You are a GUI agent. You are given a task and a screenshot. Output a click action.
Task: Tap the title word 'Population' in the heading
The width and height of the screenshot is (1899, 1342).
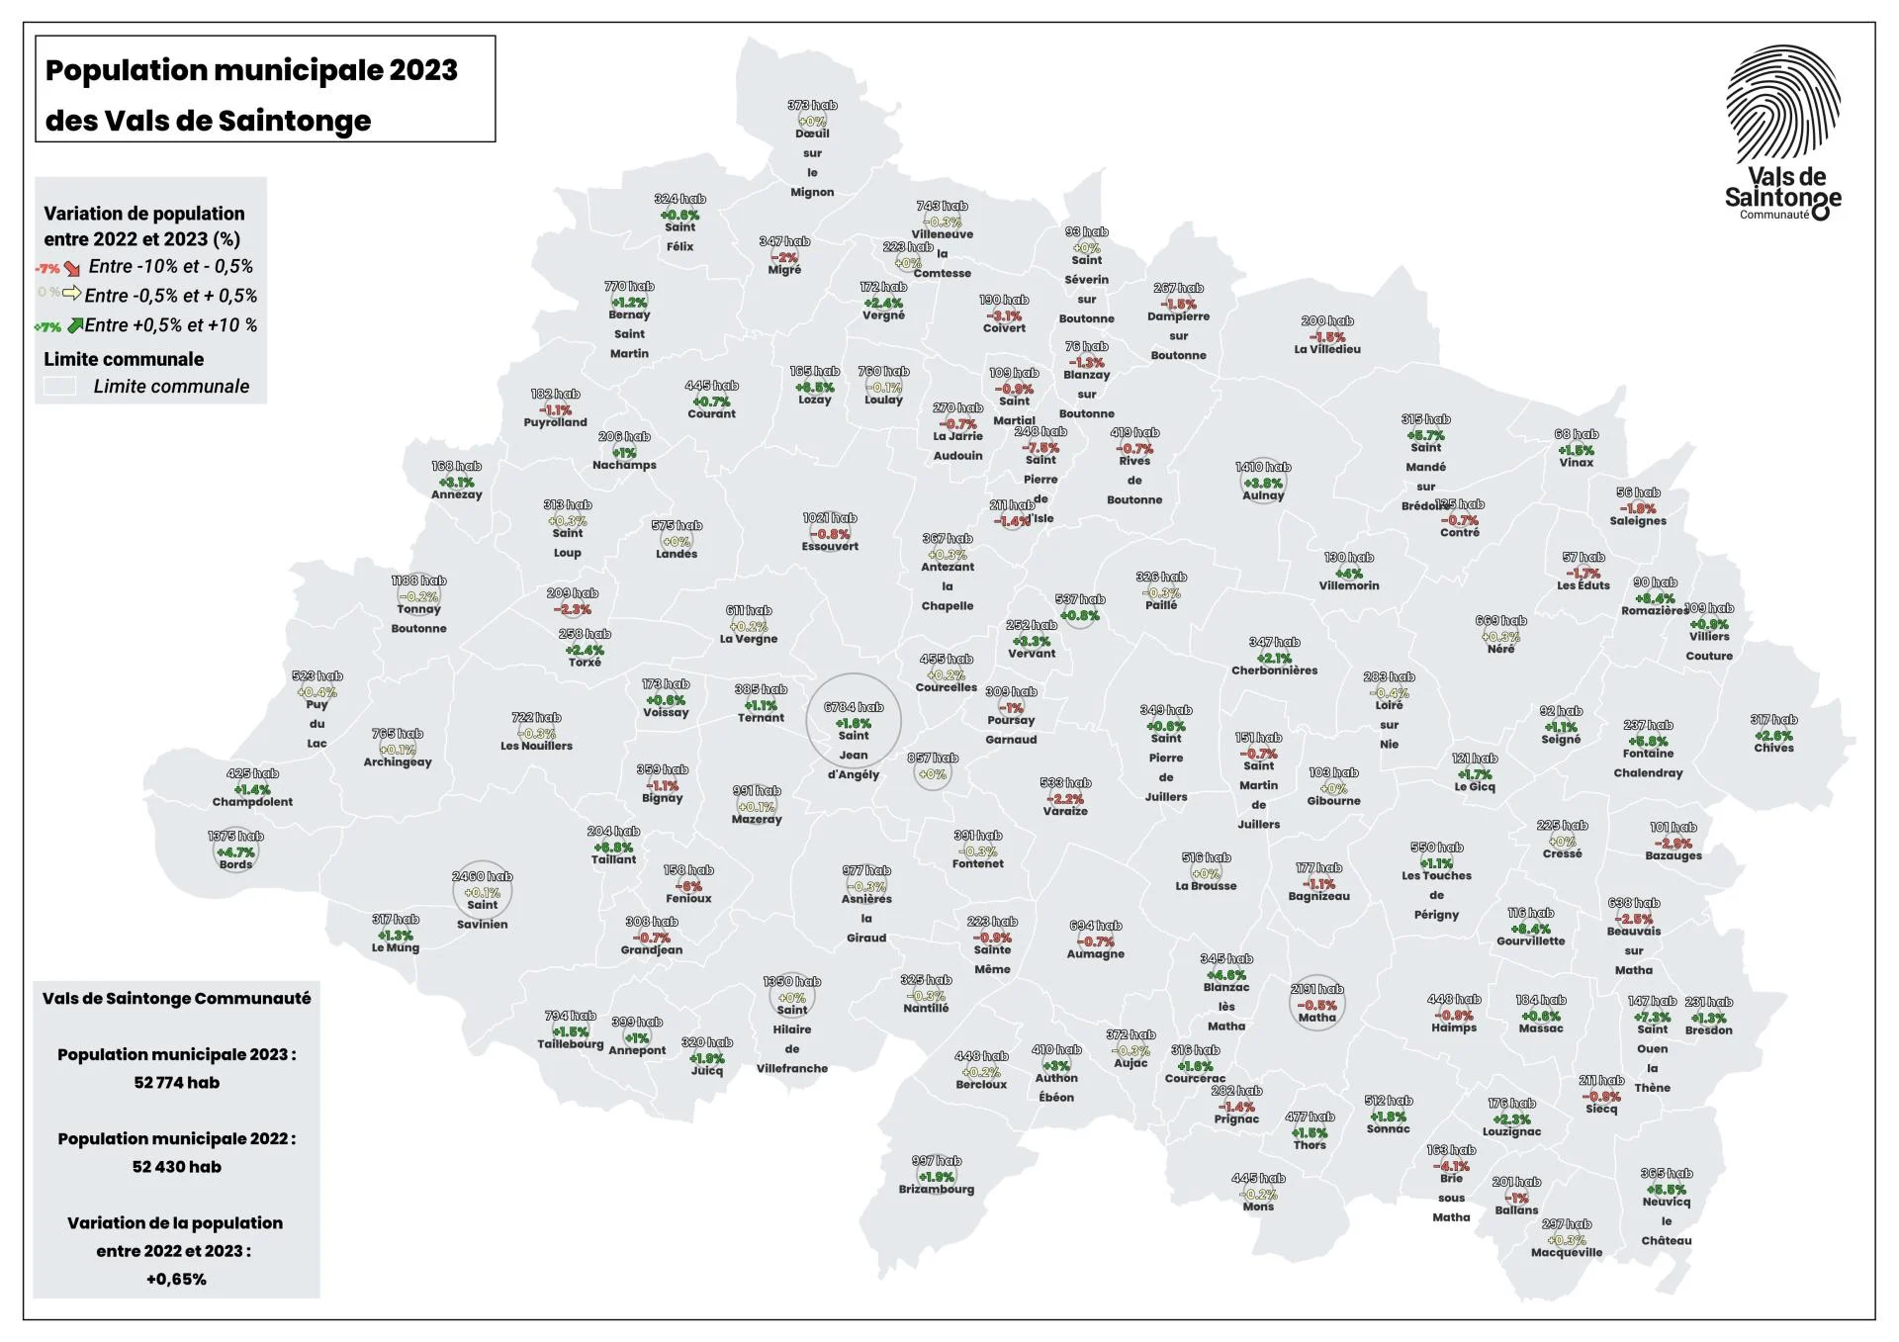pos(125,70)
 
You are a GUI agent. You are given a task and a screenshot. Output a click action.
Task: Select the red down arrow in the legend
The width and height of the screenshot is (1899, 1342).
pos(72,268)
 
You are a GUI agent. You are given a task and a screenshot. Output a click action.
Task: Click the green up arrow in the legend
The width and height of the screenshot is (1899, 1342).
pos(75,325)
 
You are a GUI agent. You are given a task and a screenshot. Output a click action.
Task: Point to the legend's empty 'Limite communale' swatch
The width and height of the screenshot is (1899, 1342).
pos(60,387)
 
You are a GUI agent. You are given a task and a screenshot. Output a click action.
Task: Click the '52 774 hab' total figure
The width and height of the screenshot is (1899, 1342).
pos(177,1082)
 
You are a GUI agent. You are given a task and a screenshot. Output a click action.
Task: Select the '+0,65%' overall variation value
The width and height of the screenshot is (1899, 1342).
pos(176,1279)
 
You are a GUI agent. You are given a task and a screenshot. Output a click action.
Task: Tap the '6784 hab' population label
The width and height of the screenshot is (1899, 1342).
pos(854,707)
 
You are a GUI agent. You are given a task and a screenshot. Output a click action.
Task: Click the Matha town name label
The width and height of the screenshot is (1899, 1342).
pos(1316,1018)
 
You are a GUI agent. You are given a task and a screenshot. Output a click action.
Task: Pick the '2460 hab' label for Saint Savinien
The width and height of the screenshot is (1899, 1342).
pos(483,876)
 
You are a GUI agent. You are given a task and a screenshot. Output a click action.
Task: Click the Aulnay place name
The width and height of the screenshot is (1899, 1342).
pos(1263,495)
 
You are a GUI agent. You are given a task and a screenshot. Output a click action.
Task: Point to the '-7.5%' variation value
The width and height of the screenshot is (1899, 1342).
pos(1040,447)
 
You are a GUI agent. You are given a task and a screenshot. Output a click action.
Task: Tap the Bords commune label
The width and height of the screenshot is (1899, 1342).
pos(235,864)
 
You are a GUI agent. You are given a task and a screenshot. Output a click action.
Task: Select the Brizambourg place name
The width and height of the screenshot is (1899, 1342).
pos(936,1189)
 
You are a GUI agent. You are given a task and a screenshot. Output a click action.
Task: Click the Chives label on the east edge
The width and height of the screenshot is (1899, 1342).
pos(1773,748)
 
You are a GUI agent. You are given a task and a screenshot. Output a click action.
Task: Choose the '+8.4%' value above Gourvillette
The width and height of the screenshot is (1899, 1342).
pos(1530,929)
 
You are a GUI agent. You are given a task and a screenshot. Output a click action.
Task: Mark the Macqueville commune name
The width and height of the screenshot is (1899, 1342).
pos(1567,1252)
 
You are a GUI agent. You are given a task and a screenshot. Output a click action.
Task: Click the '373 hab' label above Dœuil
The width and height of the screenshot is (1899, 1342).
pos(812,105)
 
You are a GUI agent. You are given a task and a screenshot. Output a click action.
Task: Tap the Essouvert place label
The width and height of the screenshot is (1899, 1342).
pos(830,546)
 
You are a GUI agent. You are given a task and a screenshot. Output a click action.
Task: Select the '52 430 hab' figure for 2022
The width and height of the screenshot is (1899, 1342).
pos(177,1166)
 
